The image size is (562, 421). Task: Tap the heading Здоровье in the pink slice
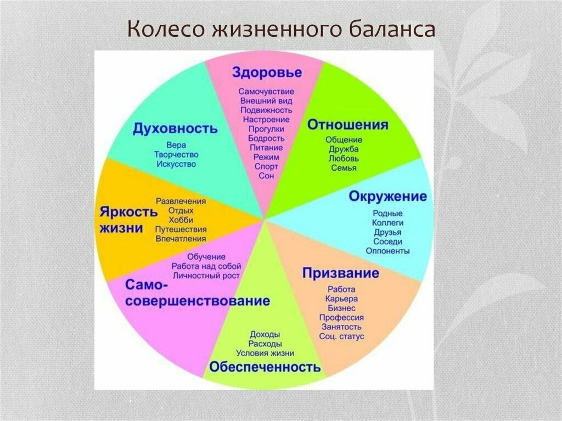point(266,72)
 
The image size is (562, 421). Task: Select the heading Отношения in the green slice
point(347,125)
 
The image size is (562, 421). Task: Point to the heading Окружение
point(387,197)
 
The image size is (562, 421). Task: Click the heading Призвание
point(341,273)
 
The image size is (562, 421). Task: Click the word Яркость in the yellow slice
point(125,211)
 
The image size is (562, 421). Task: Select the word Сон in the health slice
point(266,176)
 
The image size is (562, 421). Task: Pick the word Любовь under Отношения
point(344,158)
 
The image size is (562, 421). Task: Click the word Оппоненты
point(387,251)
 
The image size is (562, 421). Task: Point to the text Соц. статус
point(341,336)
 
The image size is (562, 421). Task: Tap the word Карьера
point(341,299)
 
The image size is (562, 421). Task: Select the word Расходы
point(265,344)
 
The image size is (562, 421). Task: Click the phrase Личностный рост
point(206,276)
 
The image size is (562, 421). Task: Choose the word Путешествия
point(181,229)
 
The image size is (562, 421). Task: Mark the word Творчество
point(176,155)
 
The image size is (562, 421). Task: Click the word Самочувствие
point(266,91)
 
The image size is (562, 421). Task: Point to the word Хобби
point(181,220)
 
